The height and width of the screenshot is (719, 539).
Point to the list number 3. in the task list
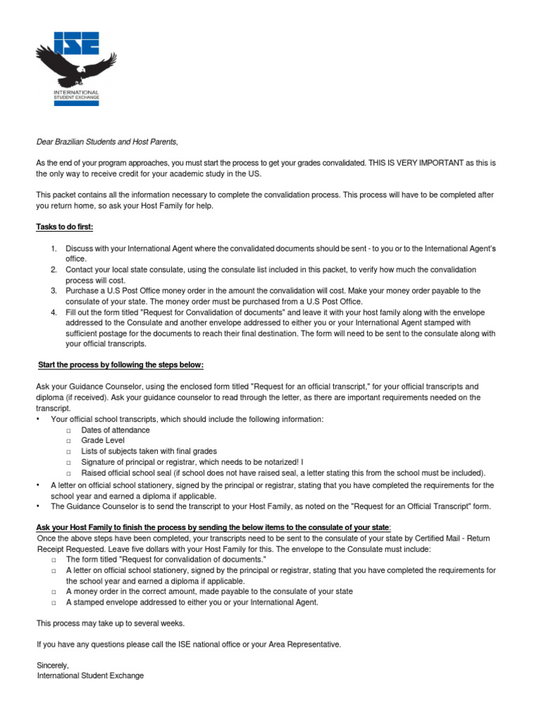(x=53, y=290)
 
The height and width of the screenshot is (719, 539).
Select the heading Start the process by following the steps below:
(x=120, y=365)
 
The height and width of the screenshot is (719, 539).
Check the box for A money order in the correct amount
(x=54, y=591)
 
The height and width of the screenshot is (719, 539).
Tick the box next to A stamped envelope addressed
(x=54, y=602)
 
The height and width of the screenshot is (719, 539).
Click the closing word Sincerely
(x=53, y=665)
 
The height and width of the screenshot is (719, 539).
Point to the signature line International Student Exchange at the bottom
(x=90, y=675)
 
